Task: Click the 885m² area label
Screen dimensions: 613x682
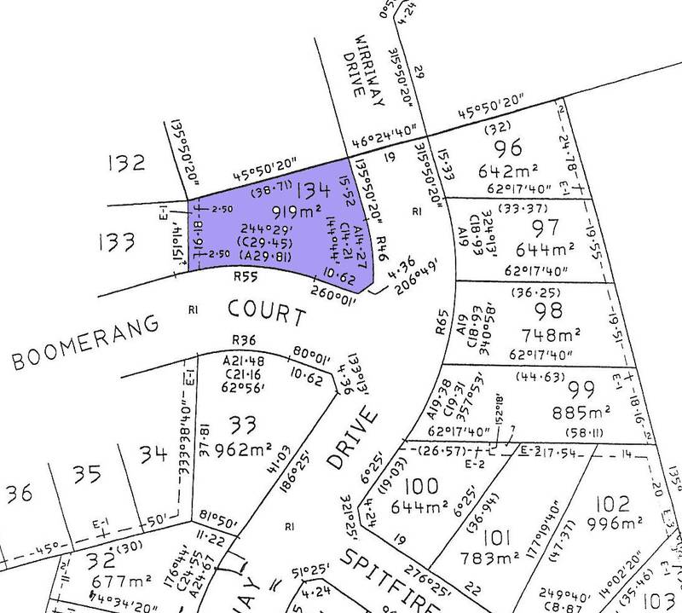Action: click(x=539, y=416)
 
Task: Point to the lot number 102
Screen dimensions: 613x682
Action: click(x=616, y=502)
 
